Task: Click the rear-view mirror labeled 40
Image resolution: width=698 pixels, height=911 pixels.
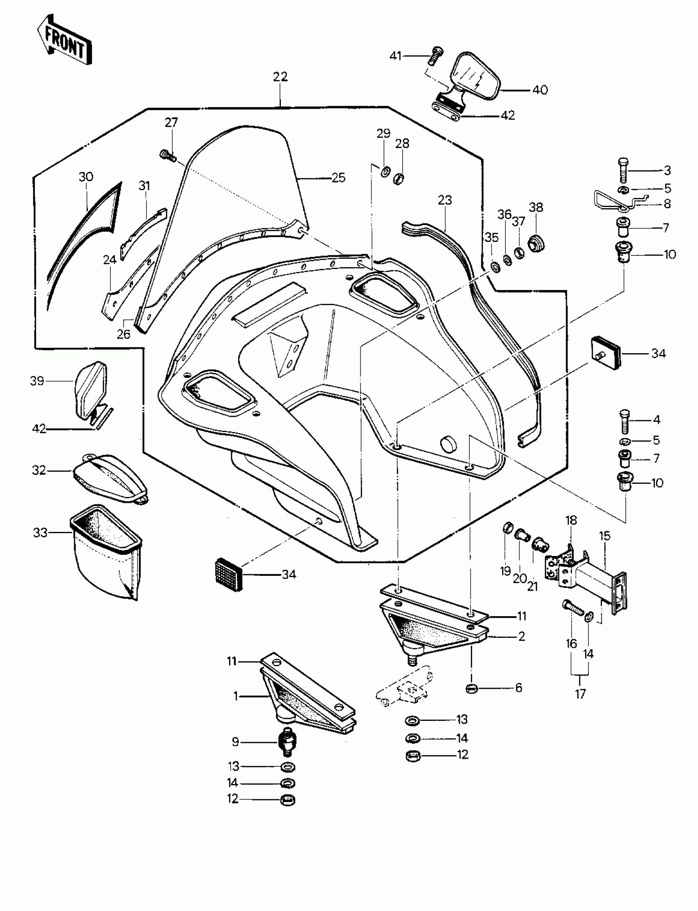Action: [x=478, y=77]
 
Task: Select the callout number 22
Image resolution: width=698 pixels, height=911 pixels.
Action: [x=280, y=77]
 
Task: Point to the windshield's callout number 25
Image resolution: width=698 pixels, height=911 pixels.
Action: [x=339, y=178]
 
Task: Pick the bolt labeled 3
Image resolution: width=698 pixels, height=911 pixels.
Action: [x=623, y=170]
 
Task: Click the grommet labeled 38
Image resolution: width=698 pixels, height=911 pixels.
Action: [x=535, y=243]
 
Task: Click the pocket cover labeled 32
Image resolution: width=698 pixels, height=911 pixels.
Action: [x=110, y=478]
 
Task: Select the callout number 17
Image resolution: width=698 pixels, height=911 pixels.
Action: [x=580, y=694]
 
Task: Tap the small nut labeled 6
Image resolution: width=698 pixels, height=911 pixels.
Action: [x=471, y=689]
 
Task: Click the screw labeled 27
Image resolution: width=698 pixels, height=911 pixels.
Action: [x=168, y=156]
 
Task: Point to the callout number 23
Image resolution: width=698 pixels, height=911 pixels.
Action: [x=445, y=200]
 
